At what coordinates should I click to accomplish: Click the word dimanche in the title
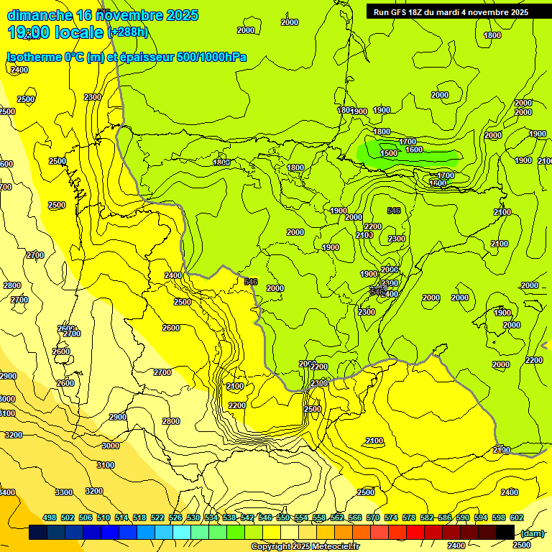(x=40, y=15)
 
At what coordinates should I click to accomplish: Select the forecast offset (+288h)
(x=128, y=32)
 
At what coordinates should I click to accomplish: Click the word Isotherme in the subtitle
(x=33, y=57)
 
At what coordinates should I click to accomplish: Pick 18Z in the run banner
(x=423, y=12)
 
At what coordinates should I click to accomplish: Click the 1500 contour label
(x=389, y=153)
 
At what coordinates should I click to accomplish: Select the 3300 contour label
(x=64, y=492)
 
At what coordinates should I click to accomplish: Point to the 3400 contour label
(x=7, y=492)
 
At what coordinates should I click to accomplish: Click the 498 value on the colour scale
(x=50, y=517)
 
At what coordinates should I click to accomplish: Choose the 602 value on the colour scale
(x=517, y=517)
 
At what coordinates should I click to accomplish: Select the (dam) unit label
(x=531, y=533)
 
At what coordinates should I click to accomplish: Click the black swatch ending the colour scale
(x=505, y=532)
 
